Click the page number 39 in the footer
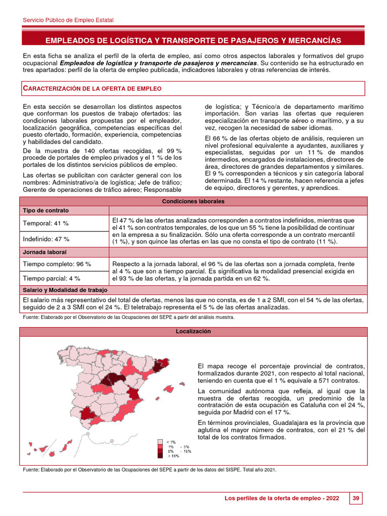point(356,498)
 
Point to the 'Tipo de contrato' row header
point(46,210)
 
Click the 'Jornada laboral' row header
point(45,251)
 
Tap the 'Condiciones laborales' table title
point(193,201)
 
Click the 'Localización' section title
point(193,332)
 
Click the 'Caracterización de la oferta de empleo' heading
point(93,89)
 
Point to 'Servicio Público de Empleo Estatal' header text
point(69,20)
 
